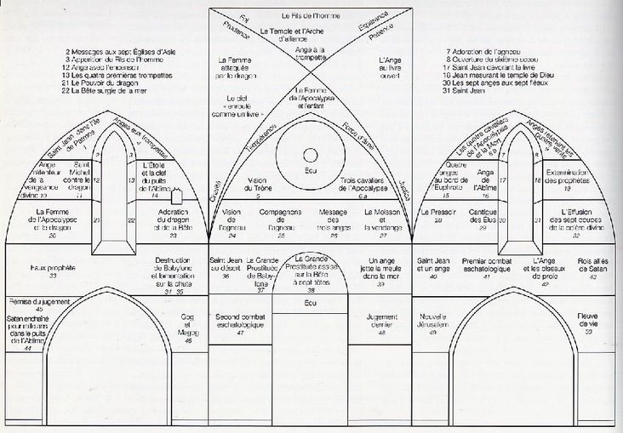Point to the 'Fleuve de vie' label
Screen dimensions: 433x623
(586, 320)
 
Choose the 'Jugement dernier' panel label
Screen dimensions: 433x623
(380, 321)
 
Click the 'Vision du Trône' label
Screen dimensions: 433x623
(256, 185)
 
